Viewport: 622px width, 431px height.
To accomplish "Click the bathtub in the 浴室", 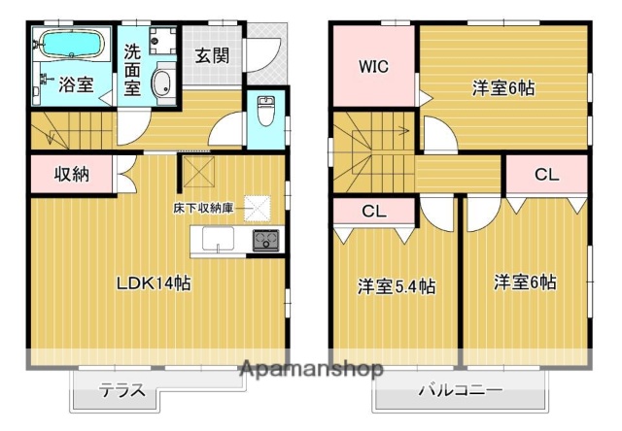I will pyautogui.click(x=69, y=46).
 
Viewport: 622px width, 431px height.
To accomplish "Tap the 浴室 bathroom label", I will pyautogui.click(x=77, y=84).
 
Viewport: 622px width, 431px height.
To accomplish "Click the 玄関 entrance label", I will pyautogui.click(x=212, y=55).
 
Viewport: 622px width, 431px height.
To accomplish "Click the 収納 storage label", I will pyautogui.click(x=71, y=175).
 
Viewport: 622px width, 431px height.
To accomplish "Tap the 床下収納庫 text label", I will pyautogui.click(x=204, y=209).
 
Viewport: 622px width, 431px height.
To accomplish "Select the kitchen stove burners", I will pyautogui.click(x=266, y=241).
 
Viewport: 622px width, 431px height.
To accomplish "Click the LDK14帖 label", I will pyautogui.click(x=154, y=284).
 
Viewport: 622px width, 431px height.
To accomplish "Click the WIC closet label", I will pyautogui.click(x=374, y=67).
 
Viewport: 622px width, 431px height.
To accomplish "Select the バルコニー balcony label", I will pyautogui.click(x=460, y=392).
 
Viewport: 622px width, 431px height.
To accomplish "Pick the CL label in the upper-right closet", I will pyautogui.click(x=547, y=175).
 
